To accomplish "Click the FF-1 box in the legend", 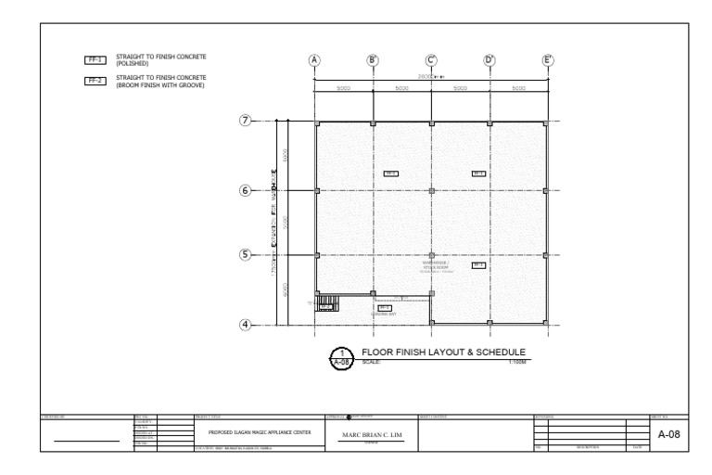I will (x=95, y=60).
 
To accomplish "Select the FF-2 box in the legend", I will (x=95, y=81).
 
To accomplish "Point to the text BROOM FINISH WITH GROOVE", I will (x=160, y=85).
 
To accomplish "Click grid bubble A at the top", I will (x=315, y=61).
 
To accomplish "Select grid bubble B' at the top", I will (x=373, y=61).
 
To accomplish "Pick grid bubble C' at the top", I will (x=431, y=61).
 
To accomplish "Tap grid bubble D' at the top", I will (x=489, y=61).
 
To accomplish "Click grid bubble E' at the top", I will (x=548, y=61).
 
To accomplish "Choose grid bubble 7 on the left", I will (x=247, y=122).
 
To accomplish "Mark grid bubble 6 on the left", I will (x=247, y=190).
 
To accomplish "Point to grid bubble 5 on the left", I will (x=247, y=254).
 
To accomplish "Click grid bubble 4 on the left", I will (x=247, y=325).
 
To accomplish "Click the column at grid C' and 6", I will (x=431, y=190).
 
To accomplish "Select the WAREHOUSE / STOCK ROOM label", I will (x=435, y=266).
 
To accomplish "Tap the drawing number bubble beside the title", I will (x=342, y=357).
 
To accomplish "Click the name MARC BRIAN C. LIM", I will (x=370, y=435).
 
